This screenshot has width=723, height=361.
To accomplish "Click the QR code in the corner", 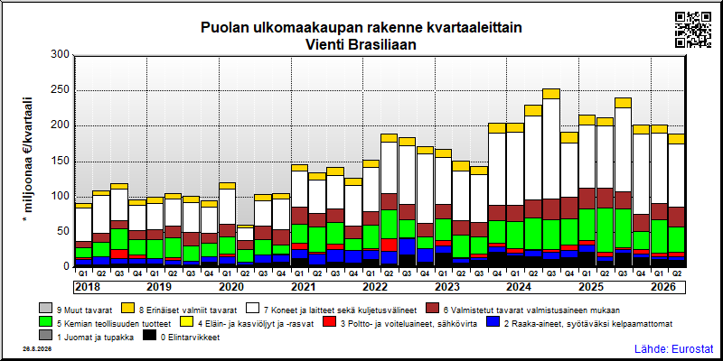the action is pos(692,30).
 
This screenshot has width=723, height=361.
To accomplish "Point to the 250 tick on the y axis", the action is pos(60,90).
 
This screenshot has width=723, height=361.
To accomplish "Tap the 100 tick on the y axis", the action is pos(60,197).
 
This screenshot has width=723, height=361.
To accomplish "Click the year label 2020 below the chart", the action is pos(231,287).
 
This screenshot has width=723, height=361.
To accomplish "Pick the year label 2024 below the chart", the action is pos(519,287).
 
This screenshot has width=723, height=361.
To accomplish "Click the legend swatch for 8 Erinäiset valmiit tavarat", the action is pos(128,308).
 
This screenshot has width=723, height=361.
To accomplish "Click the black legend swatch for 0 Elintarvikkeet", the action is pos(149,338).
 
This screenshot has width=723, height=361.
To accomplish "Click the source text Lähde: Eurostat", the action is pos(673,348).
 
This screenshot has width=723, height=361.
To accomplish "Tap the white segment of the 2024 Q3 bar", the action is pos(551,149).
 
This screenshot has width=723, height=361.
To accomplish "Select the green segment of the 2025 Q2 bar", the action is pos(605,230).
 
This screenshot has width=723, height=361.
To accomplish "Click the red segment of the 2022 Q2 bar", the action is pos(389,245).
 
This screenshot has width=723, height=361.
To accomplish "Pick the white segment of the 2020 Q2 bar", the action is pos(245,234).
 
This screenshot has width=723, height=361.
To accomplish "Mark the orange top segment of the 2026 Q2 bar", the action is pos(677,139).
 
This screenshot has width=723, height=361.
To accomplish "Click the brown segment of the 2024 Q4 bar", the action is pos(569,208).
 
